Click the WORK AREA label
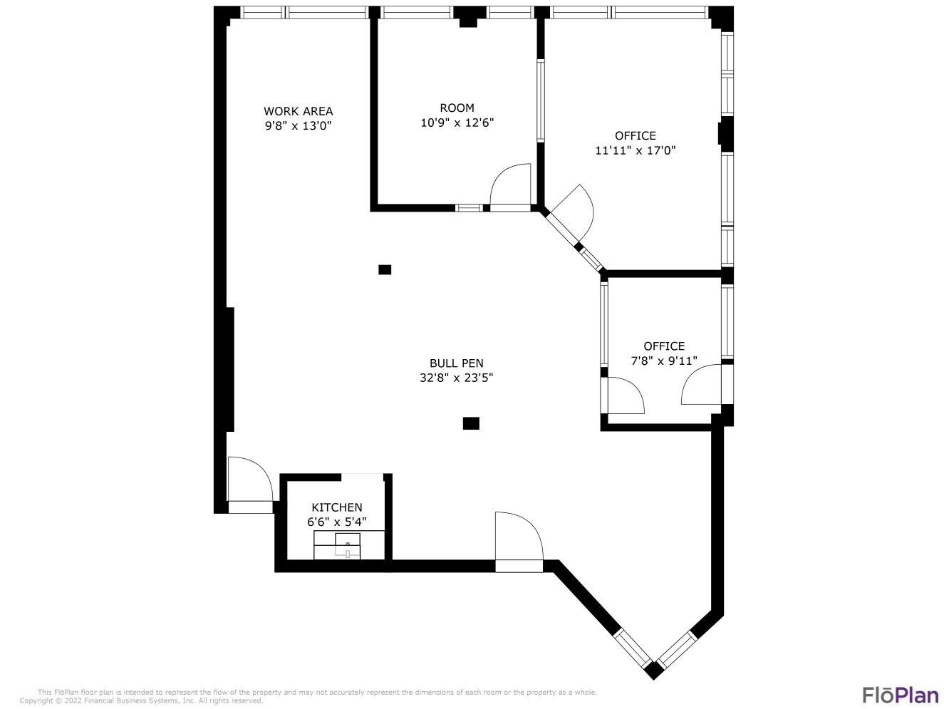click(298, 111)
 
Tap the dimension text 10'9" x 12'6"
click(457, 123)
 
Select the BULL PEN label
click(456, 363)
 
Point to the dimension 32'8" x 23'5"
click(456, 378)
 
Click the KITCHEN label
click(336, 507)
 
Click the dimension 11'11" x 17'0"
click(635, 150)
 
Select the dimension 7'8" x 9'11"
click(664, 361)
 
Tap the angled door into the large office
click(574, 214)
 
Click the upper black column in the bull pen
click(385, 269)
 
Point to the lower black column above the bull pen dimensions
click(471, 423)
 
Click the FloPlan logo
click(900, 694)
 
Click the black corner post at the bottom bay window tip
click(653, 670)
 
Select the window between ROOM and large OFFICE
click(540, 100)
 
